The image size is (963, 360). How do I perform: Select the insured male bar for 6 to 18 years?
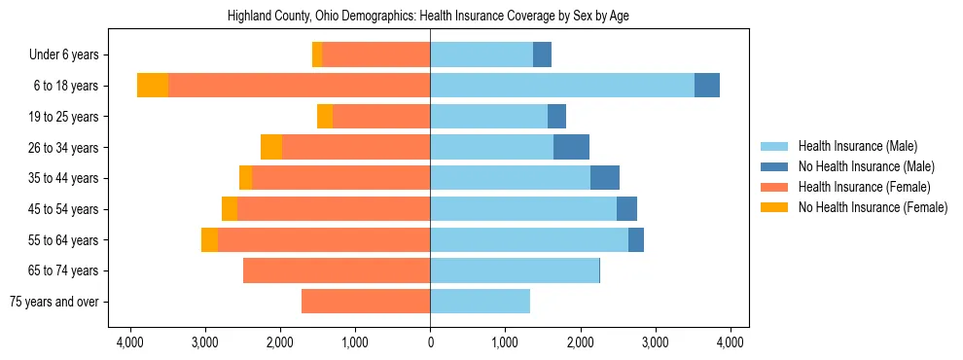(562, 86)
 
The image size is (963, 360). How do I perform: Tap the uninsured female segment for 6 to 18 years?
(153, 86)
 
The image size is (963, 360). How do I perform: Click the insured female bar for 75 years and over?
(366, 302)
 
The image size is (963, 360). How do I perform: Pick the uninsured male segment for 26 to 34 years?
(571, 147)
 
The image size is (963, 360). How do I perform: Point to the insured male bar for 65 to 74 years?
(515, 270)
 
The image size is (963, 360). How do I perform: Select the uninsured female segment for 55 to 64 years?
(209, 239)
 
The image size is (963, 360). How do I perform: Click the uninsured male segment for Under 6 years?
(542, 54)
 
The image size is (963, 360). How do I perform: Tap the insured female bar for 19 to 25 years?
(381, 117)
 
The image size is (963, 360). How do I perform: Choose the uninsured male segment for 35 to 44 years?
(605, 178)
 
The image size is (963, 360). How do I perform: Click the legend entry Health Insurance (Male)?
(857, 146)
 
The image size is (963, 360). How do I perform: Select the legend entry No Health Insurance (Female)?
(873, 207)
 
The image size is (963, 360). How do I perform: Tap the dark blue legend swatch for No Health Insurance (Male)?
(775, 166)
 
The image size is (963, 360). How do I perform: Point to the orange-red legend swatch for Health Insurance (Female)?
(775, 187)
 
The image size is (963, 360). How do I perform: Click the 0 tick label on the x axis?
(430, 342)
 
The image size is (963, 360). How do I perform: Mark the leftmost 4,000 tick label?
(129, 342)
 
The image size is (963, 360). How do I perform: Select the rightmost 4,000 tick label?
(731, 342)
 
